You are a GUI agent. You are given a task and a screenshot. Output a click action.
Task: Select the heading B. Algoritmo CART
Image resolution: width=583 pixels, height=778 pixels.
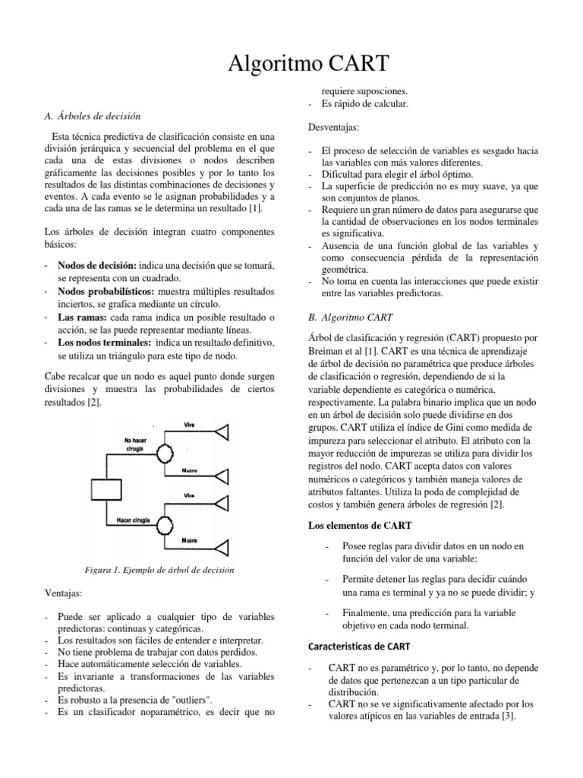[350, 317]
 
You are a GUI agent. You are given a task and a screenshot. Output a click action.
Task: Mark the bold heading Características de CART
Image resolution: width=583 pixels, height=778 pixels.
[359, 647]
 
